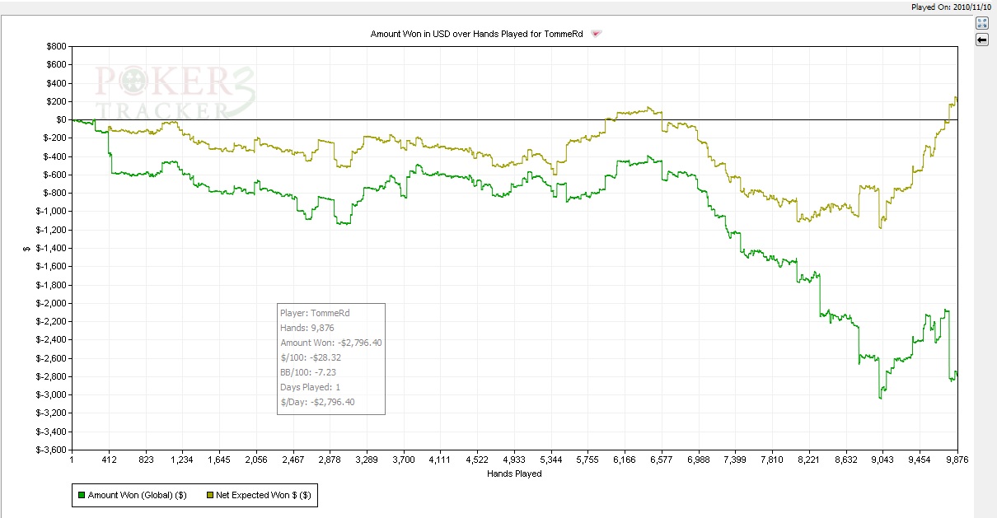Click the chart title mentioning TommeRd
point(476,34)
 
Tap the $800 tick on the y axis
point(56,46)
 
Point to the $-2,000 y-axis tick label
point(51,303)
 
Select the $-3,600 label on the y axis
point(51,450)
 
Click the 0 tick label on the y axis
point(61,119)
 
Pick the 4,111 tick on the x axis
point(440,460)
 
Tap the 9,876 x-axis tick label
point(957,460)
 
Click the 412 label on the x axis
point(109,460)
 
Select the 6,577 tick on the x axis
point(662,460)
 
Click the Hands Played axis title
point(514,474)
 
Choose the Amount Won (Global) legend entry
point(133,495)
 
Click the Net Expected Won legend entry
point(259,495)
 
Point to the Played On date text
point(951,7)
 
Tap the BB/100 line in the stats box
point(308,372)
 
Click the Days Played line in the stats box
point(311,387)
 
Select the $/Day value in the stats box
point(333,402)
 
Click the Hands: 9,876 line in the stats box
point(307,328)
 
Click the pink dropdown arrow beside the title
point(596,34)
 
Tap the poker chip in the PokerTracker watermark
point(133,81)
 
